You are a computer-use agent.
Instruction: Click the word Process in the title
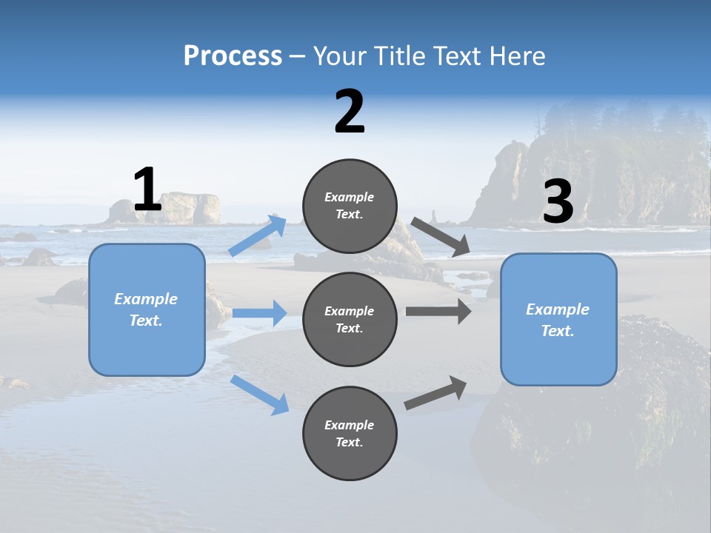tap(233, 56)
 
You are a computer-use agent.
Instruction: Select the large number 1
tap(147, 190)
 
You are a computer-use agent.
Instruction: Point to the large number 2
tap(350, 113)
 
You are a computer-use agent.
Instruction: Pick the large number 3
tap(558, 202)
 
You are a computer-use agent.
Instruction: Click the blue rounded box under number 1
tap(147, 309)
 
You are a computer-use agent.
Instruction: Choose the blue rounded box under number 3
tap(558, 319)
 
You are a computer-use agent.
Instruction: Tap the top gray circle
tap(350, 206)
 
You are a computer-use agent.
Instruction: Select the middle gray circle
tap(350, 319)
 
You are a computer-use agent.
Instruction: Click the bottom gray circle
tap(350, 433)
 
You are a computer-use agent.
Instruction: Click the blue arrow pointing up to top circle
tap(258, 235)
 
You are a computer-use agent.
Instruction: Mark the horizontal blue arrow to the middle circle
tap(259, 313)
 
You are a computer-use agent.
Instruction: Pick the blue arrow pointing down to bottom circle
tap(260, 395)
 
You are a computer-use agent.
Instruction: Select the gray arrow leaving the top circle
tap(441, 237)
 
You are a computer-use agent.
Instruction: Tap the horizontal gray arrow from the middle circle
tap(438, 311)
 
